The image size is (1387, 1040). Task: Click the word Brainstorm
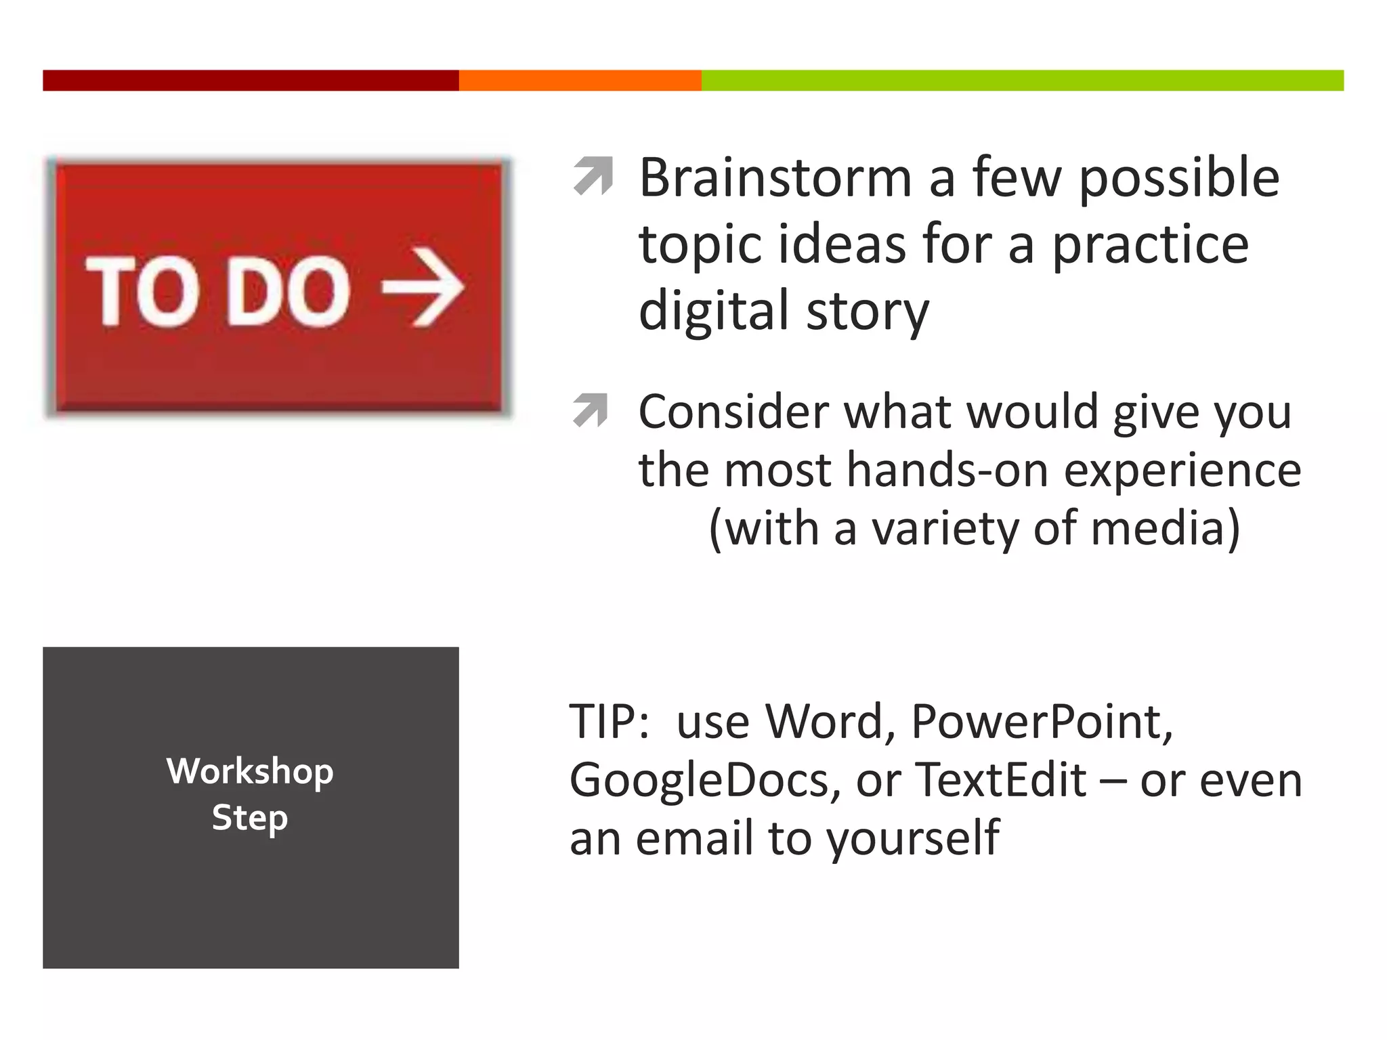coord(775,178)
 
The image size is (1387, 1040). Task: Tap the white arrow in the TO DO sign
coord(423,288)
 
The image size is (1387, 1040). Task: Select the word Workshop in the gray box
coord(250,771)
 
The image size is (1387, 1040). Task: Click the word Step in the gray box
coord(250,818)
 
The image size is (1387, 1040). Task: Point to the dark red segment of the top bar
coord(251,80)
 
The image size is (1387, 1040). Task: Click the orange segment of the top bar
coord(580,80)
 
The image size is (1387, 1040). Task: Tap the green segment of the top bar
coord(1023,80)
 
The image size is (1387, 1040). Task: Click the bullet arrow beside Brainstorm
coord(593,176)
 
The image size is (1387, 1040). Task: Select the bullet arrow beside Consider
coord(591,410)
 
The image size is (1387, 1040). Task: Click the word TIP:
coord(610,722)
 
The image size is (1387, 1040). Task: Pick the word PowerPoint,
coord(1042,722)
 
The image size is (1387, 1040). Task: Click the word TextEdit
coord(1001,780)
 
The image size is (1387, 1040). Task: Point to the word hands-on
coord(945,470)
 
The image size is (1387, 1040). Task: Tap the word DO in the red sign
coord(288,291)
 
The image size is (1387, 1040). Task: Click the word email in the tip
coord(695,838)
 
